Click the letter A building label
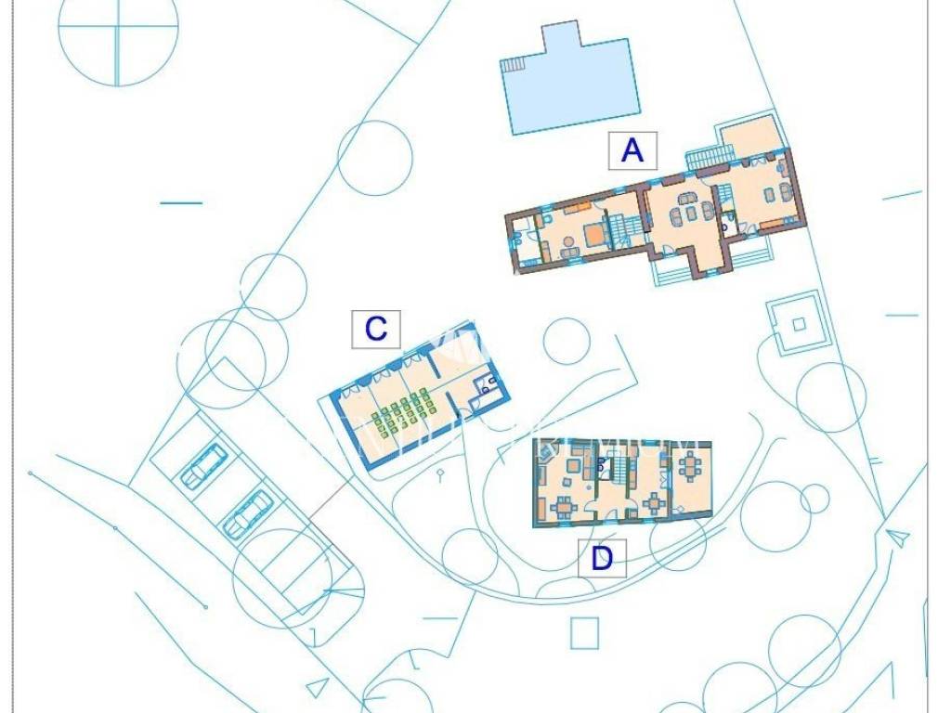[x=632, y=150]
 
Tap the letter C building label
[x=376, y=330]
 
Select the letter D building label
[x=602, y=558]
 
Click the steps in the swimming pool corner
[x=513, y=63]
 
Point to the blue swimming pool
[x=570, y=83]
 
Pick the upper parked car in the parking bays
[x=202, y=464]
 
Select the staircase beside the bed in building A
[x=619, y=230]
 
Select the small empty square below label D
[x=585, y=633]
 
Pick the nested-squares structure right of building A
[x=799, y=324]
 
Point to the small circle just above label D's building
[x=567, y=341]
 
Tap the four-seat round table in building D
[x=655, y=502]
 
